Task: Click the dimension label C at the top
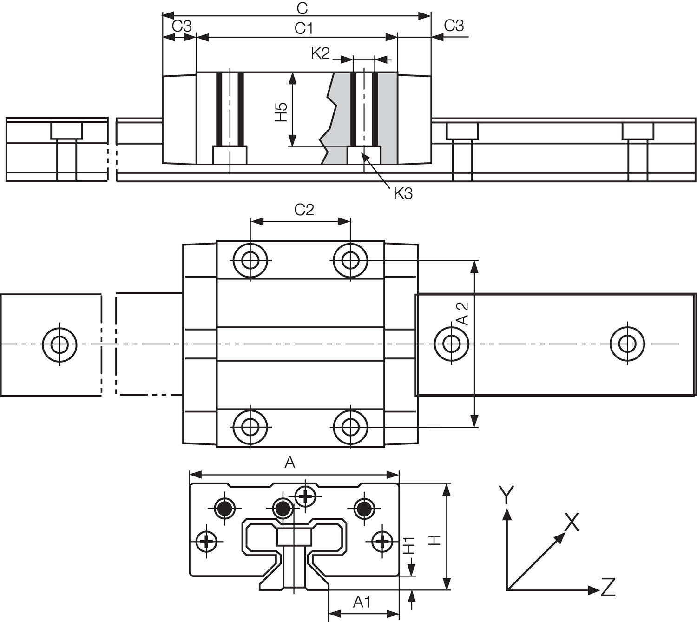point(302,8)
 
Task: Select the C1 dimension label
point(304,29)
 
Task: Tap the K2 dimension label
point(320,53)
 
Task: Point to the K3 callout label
point(403,193)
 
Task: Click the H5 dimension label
point(281,112)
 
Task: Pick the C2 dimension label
point(304,210)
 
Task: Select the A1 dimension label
point(362,602)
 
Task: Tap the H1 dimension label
point(408,545)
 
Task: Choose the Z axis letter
point(608,587)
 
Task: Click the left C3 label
point(182,26)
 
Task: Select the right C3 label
point(454,26)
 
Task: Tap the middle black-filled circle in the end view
point(282,509)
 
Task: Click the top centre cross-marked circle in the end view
point(305,496)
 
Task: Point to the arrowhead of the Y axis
point(507,513)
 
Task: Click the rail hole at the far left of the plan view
point(59,344)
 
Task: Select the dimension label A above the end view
point(289,463)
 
